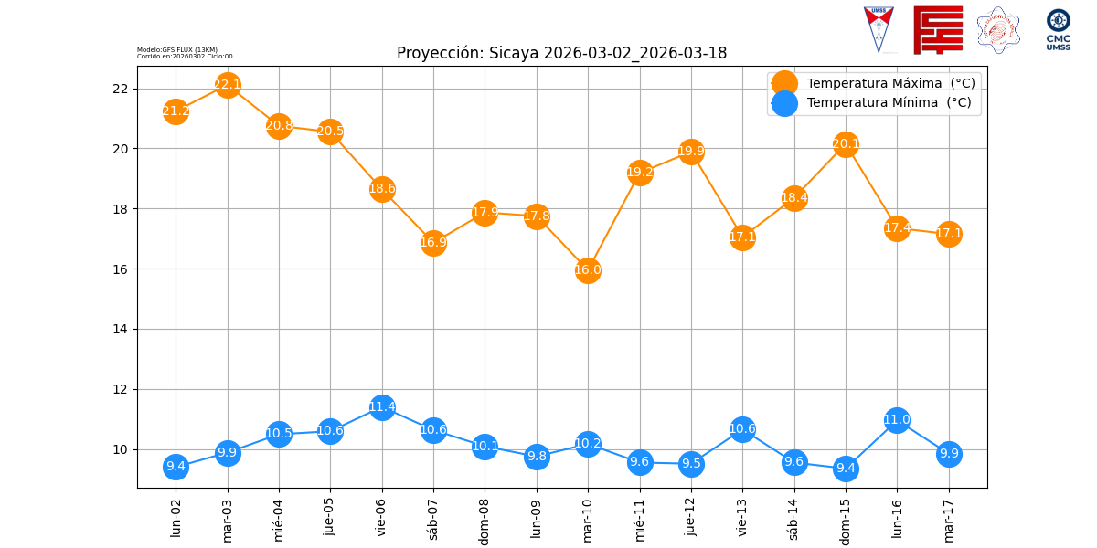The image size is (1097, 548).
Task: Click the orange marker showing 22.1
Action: point(228,85)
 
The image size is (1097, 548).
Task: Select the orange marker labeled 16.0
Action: point(588,269)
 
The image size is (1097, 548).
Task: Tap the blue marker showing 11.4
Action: point(382,407)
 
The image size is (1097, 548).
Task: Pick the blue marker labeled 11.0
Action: point(897,420)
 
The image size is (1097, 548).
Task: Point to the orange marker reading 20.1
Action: point(846,144)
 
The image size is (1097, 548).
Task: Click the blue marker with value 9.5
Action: point(691,464)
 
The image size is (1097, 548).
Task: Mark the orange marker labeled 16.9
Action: point(433,243)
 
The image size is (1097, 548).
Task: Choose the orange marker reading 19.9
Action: point(691,152)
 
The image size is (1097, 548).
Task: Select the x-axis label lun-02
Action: point(176,517)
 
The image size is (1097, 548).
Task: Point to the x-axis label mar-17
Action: point(949,518)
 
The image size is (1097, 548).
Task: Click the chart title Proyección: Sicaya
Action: point(561,53)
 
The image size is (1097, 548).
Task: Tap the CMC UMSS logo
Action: point(1059,30)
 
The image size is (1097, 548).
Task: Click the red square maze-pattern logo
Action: point(938,30)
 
